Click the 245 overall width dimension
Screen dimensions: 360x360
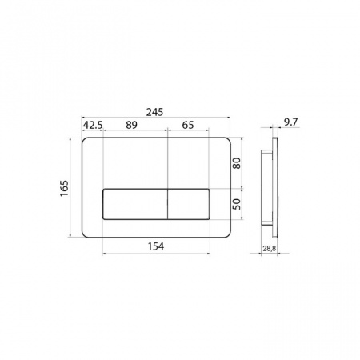tap(154, 112)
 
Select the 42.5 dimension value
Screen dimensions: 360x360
tap(93, 125)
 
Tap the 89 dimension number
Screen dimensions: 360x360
tap(131, 125)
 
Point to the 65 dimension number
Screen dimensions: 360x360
tap(188, 125)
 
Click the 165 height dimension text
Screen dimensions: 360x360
tap(64, 189)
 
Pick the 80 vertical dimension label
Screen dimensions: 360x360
tap(237, 163)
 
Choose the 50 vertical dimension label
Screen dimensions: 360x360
tap(237, 204)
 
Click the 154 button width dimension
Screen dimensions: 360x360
tap(156, 246)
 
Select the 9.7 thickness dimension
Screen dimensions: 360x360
tap(290, 122)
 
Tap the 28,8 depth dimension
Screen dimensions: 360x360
tap(270, 249)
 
